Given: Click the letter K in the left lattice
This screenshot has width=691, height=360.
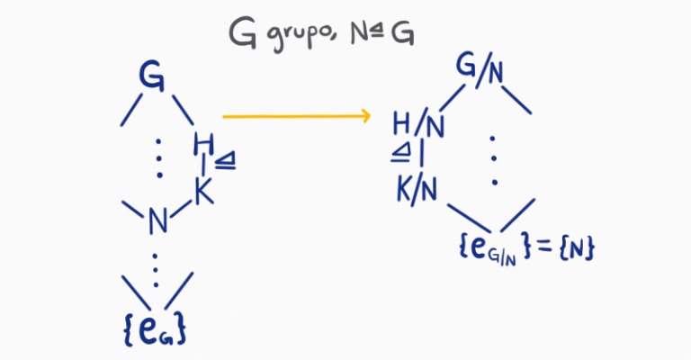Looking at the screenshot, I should point(202,190).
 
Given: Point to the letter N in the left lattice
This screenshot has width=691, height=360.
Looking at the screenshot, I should point(158,219).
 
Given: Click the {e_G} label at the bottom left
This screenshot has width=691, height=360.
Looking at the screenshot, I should point(156,329).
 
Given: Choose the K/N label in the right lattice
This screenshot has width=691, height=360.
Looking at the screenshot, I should point(417,188).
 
